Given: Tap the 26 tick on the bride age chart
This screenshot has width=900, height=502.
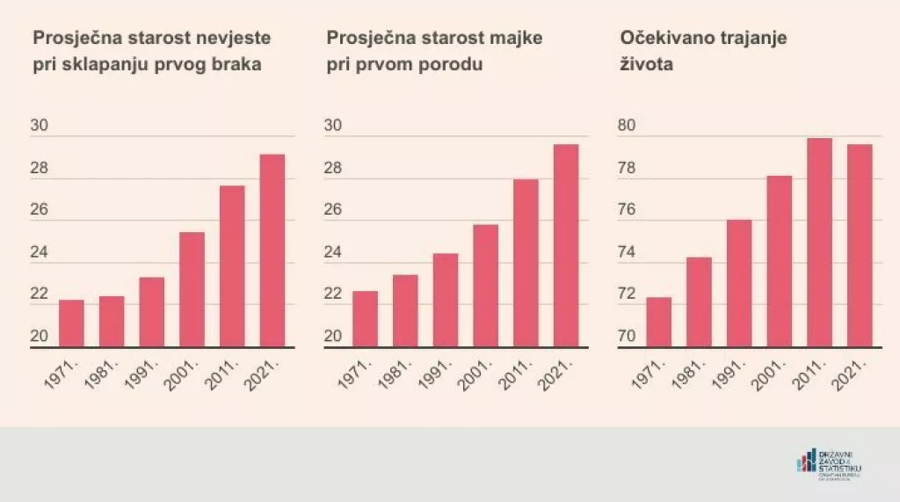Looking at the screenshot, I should (40, 212).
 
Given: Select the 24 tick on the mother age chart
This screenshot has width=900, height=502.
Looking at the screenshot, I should (334, 253).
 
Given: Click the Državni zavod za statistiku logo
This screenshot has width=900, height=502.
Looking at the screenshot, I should (830, 464).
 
